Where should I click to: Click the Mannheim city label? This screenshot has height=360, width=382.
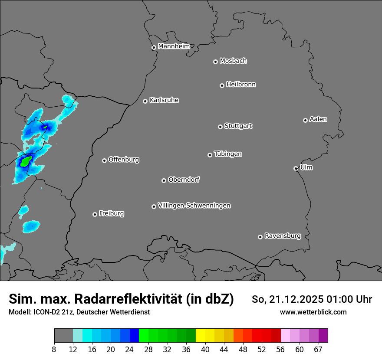click(174, 46)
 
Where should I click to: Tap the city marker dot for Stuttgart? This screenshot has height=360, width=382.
click(220, 127)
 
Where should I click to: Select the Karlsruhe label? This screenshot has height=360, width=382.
click(164, 100)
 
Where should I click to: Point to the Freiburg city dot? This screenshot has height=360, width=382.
click(95, 214)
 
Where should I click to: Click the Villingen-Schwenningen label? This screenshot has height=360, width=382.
click(194, 206)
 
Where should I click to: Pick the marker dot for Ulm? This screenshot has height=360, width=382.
click(296, 168)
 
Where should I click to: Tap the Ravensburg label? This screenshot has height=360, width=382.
click(283, 236)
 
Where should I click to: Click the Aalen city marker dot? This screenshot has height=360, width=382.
click(305, 120)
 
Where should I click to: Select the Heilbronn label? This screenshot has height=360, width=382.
click(241, 85)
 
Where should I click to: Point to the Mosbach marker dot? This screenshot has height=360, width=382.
click(215, 62)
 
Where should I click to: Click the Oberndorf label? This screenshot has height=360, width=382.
click(184, 180)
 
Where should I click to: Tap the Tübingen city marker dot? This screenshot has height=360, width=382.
click(210, 155)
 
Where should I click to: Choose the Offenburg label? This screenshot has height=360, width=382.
click(124, 160)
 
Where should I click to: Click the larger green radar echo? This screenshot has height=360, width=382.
click(25, 162)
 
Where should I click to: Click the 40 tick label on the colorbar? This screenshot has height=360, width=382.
click(205, 350)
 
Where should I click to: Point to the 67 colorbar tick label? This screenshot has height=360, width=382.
click(319, 350)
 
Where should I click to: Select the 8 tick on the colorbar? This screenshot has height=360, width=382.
click(54, 350)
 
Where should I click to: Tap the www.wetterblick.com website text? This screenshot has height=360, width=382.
click(313, 312)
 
